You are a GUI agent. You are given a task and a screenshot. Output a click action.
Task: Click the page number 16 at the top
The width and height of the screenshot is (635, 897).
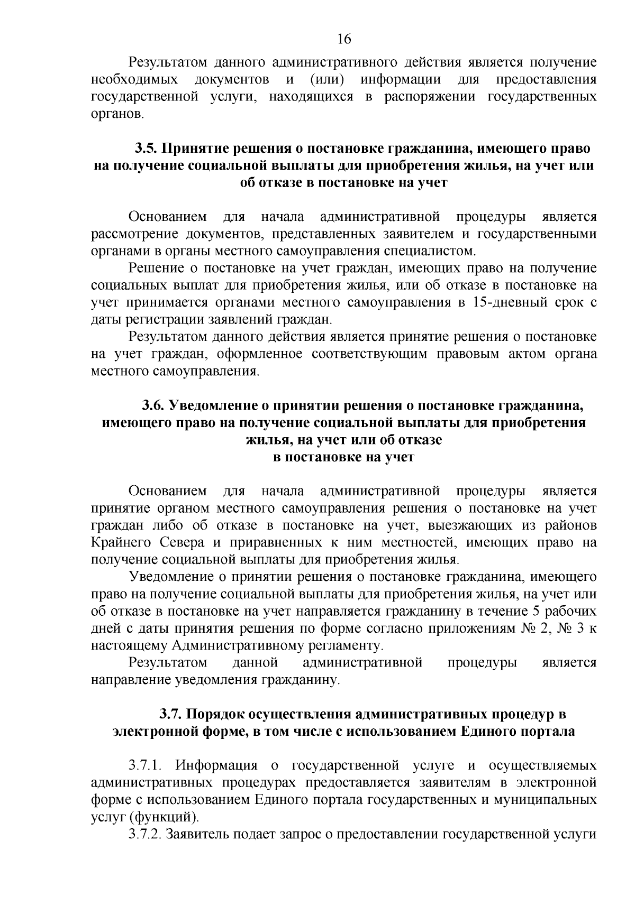click(x=344, y=39)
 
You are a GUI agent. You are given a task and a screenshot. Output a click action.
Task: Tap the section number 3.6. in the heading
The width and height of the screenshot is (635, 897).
click(x=153, y=405)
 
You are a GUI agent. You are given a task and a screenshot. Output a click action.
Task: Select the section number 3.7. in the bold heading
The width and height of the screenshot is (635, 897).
click(x=171, y=715)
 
